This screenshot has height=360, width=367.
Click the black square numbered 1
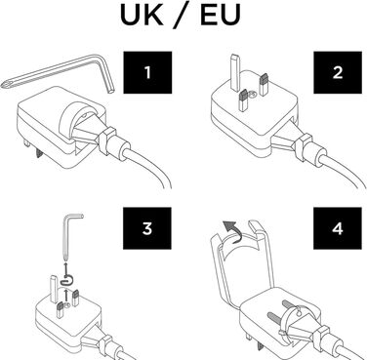(147, 72)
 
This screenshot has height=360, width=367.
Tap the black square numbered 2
(338, 72)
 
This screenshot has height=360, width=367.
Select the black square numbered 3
(147, 228)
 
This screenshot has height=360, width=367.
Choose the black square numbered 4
(338, 228)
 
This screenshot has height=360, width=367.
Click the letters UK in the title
(142, 15)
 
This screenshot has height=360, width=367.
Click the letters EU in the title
(221, 15)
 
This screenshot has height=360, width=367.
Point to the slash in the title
(182, 15)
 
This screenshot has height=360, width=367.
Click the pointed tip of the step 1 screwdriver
(3, 86)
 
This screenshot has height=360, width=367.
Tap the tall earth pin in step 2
(235, 72)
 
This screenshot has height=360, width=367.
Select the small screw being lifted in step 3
(68, 279)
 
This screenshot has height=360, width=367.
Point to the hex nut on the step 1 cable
(107, 140)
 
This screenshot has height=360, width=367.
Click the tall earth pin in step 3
(54, 288)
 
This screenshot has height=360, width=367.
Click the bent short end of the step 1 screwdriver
(107, 75)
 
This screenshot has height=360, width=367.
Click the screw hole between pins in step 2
(252, 95)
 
